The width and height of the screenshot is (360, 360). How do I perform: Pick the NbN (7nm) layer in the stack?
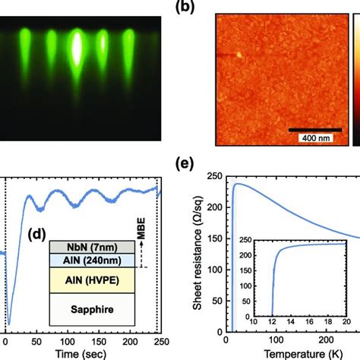(78, 246)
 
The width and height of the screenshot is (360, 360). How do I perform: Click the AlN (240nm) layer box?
(78, 259)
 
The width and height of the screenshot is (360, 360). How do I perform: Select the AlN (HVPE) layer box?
(78, 279)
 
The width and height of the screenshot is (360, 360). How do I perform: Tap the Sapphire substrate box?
(78, 309)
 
